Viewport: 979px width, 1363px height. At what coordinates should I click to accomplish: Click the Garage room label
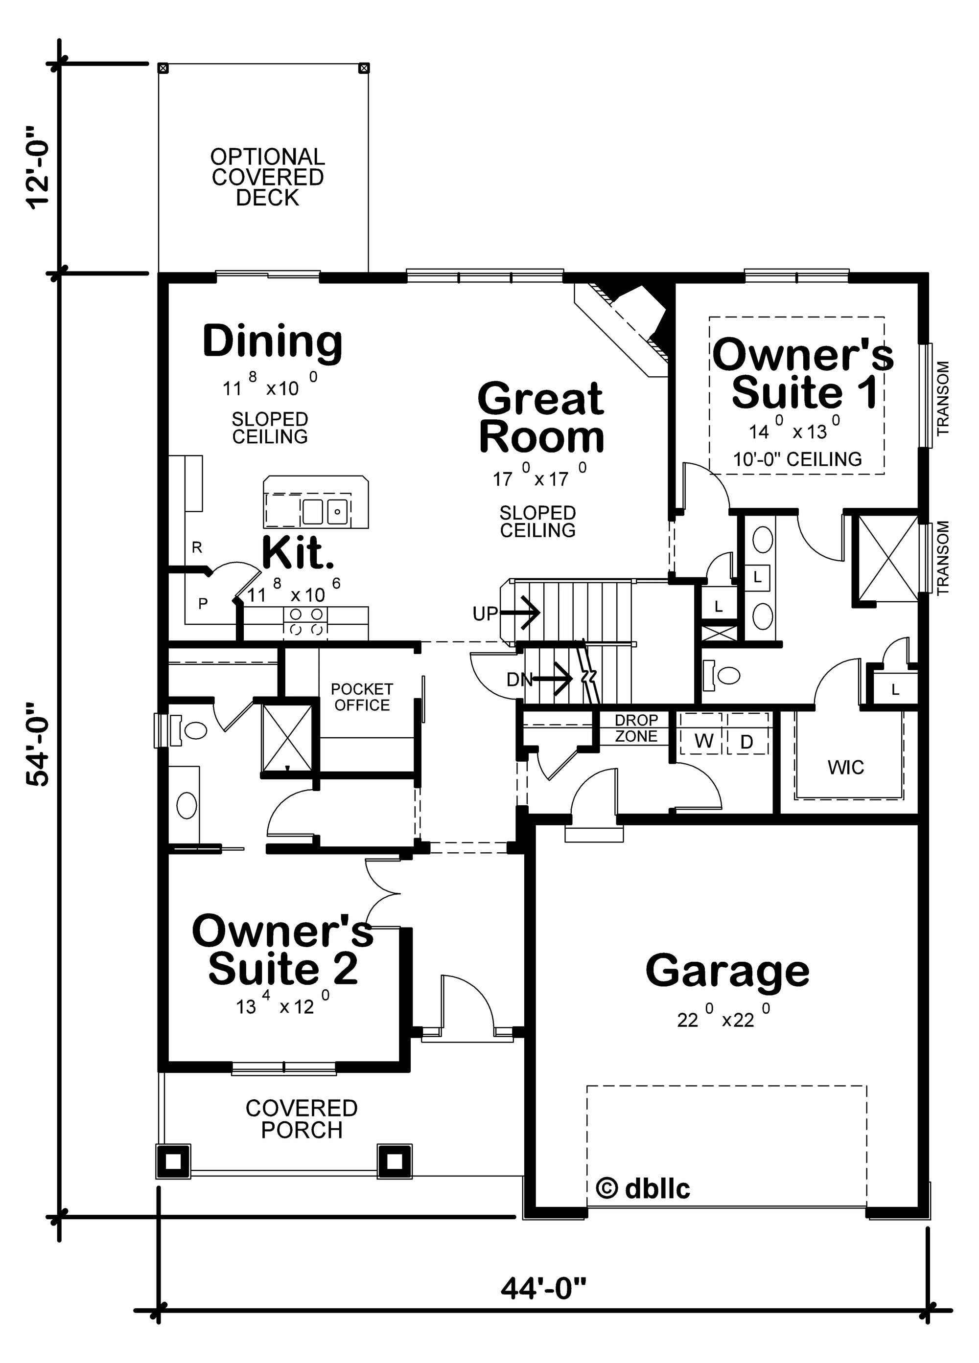click(727, 972)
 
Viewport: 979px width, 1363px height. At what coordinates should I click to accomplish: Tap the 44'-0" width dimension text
click(543, 1289)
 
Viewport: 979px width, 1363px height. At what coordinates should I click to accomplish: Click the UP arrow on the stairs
click(521, 613)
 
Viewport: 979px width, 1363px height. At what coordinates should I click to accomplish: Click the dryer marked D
click(746, 742)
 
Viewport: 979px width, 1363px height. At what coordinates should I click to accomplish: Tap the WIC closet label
click(845, 768)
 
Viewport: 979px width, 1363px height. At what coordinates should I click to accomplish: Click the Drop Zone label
click(636, 728)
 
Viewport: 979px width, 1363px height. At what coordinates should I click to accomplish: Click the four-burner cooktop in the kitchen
click(306, 621)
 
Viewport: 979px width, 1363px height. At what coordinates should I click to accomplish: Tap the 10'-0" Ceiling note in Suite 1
click(797, 460)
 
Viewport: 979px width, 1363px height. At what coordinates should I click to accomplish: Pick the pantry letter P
click(203, 603)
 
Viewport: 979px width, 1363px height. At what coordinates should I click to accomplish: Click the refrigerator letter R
click(197, 547)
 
